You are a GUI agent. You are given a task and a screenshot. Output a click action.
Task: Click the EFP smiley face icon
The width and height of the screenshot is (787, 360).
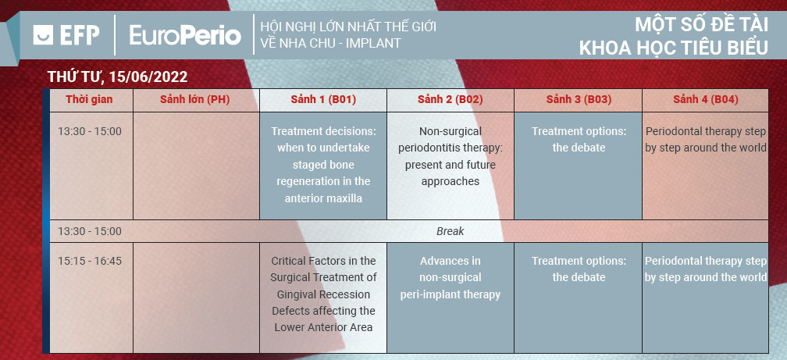tap(43, 35)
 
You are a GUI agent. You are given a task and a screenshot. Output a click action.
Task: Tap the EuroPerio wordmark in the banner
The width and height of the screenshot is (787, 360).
tap(185, 35)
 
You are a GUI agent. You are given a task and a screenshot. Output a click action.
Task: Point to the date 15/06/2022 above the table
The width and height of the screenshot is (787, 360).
tap(148, 77)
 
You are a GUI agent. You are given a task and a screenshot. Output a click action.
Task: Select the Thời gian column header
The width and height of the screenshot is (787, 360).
tap(89, 99)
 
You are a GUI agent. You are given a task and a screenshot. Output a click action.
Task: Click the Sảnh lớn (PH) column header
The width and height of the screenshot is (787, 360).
tap(194, 99)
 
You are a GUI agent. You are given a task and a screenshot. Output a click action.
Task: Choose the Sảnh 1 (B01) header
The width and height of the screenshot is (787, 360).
tap(323, 99)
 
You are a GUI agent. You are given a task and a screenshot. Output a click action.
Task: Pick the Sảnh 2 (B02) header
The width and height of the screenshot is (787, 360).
tap(450, 99)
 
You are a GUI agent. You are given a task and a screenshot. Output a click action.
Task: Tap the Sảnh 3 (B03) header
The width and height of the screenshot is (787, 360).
tap(579, 99)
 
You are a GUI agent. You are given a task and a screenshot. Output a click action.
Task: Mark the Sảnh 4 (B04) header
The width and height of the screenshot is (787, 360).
tap(706, 99)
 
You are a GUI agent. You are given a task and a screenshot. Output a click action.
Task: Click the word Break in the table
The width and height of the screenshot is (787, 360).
tap(450, 231)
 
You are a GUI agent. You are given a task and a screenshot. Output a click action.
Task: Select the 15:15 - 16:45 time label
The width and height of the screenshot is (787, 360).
tap(90, 261)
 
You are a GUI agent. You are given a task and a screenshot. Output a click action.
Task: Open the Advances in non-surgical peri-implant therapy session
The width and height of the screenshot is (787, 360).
tap(450, 278)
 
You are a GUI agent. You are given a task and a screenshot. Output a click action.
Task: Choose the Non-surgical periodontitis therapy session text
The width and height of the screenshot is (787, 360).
tap(450, 156)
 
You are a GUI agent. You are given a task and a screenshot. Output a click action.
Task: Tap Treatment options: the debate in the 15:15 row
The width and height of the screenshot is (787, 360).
tap(579, 269)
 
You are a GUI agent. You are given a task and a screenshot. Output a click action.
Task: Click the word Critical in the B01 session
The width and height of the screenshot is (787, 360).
tap(288, 261)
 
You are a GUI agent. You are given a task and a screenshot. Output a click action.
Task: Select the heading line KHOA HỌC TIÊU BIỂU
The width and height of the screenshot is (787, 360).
tap(674, 48)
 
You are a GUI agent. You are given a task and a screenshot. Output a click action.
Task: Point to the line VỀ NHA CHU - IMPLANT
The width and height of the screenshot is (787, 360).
tap(331, 43)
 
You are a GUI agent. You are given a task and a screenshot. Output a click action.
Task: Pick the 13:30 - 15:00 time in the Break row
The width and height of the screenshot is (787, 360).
tap(90, 231)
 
